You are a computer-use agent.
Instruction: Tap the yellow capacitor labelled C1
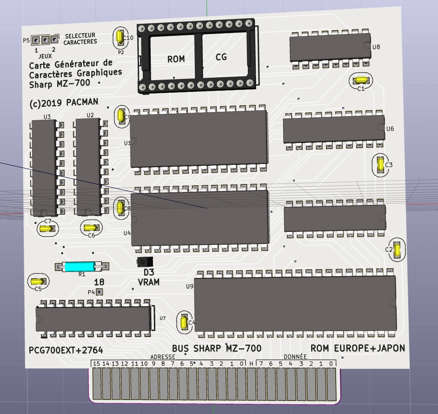pos(360,80)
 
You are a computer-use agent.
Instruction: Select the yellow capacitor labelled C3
pos(381,164)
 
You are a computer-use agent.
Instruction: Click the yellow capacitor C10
pos(119,37)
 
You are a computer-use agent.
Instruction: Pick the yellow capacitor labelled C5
pos(37,281)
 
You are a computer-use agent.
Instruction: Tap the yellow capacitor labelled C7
pos(46,229)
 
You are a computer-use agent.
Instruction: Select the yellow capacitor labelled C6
pos(90,228)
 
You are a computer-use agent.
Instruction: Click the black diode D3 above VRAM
pos(145,262)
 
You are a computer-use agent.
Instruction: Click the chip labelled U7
pos(93,319)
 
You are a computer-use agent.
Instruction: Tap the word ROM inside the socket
pos(176,59)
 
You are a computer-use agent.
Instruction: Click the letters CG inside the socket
pos(221,57)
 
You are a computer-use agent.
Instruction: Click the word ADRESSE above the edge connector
pos(162,357)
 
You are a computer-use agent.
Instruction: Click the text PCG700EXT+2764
pos(66,350)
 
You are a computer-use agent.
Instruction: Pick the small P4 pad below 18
pos(99,292)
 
